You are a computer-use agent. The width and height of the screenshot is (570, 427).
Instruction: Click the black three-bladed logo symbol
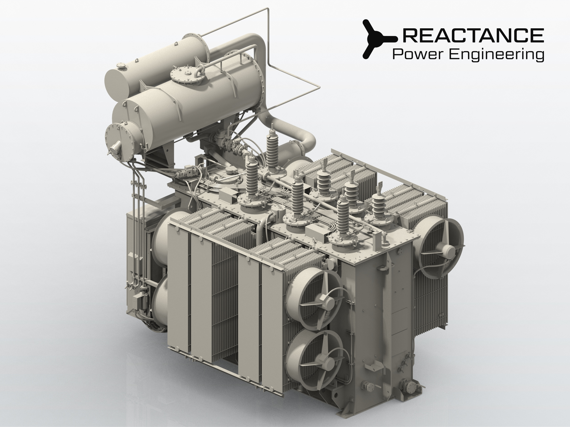[379, 39]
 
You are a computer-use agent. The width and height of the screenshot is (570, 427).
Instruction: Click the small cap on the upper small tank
[122, 66]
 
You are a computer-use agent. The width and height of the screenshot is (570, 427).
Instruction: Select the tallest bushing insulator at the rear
[272, 149]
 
